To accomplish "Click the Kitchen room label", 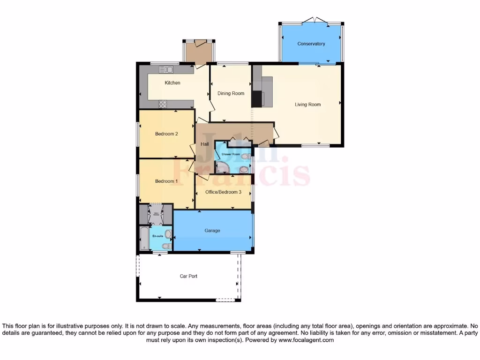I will [172, 83].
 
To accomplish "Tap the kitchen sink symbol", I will [166, 70].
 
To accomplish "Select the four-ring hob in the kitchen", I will [163, 105].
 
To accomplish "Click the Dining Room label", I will [231, 93].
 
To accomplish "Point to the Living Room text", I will [307, 105].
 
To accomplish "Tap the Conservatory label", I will [311, 44].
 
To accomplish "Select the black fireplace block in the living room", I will [257, 99].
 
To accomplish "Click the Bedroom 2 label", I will [166, 134].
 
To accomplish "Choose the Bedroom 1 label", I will [166, 181].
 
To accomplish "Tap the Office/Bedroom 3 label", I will [224, 192].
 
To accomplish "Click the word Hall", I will [205, 144].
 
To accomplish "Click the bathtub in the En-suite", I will [144, 238].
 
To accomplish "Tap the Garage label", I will [212, 231].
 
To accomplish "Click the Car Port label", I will [188, 277].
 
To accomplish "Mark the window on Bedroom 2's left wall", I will [137, 134].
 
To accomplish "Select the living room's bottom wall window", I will [312, 146].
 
